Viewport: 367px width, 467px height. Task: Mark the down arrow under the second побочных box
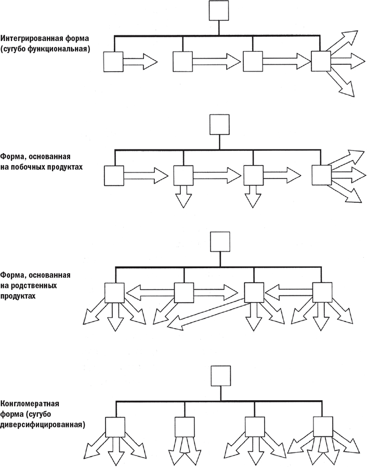tap(183, 197)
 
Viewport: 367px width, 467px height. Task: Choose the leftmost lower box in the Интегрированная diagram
tap(113, 62)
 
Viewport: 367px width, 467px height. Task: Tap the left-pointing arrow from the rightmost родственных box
tap(289, 292)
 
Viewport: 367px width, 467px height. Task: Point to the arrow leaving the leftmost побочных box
tap(146, 175)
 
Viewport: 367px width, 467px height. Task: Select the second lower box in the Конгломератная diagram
tap(184, 428)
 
